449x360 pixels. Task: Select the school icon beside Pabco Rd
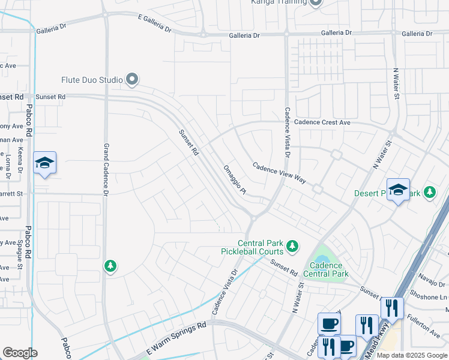(x=44, y=163)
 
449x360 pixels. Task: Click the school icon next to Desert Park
(x=397, y=190)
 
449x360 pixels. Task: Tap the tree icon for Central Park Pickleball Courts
(x=292, y=245)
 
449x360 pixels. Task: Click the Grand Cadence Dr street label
(x=106, y=170)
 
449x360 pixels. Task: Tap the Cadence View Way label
(x=279, y=173)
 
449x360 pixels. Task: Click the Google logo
(x=19, y=353)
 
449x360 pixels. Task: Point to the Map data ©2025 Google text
(x=411, y=355)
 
